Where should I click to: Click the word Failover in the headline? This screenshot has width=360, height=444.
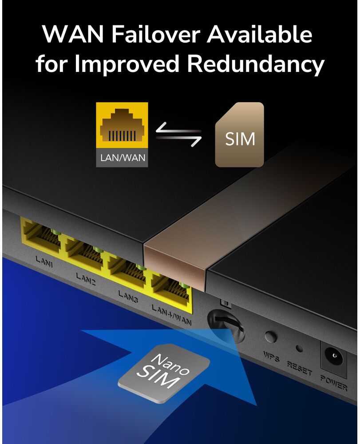coord(156,34)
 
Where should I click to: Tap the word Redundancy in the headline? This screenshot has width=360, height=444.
coord(255,64)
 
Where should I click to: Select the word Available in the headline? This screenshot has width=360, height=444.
coord(260,34)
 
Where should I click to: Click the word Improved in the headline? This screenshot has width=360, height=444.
coord(127,64)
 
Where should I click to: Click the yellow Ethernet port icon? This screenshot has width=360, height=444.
coord(122,125)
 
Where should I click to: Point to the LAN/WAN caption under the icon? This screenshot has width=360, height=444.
coord(123,158)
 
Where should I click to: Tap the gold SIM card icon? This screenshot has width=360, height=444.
coord(239,135)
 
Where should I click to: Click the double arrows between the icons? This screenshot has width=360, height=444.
coord(178,135)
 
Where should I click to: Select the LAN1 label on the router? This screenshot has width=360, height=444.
coord(44,262)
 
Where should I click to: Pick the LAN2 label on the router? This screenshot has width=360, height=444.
coord(86,279)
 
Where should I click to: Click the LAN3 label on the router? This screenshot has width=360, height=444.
coord(128,297)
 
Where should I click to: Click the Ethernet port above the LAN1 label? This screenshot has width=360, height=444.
coord(40,235)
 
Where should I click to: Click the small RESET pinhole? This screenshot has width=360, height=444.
coord(299,348)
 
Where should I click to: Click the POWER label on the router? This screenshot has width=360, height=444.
coord(334,383)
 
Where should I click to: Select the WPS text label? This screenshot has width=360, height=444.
coord(271,357)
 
